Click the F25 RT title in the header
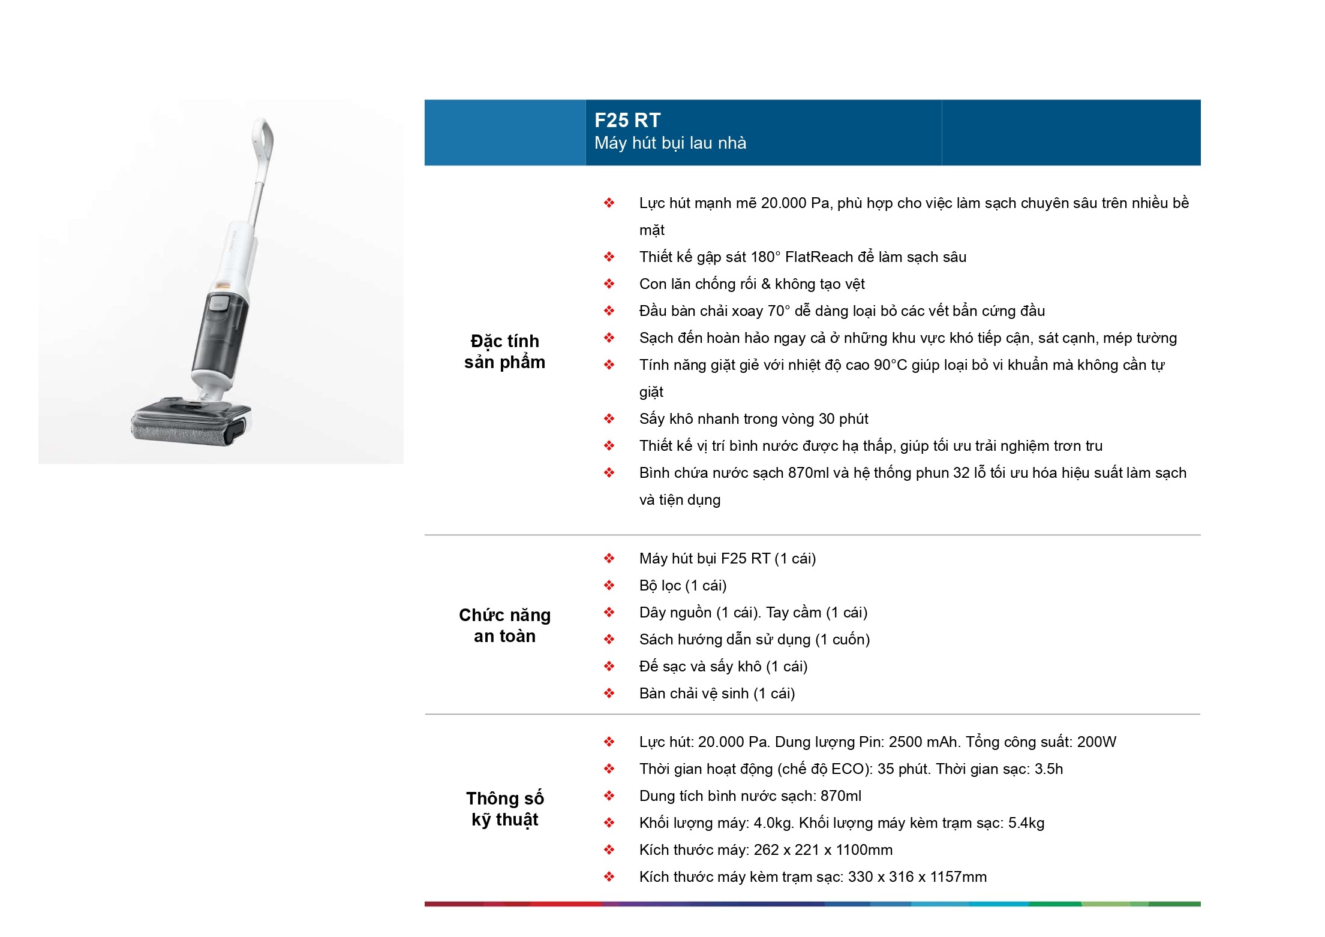pyautogui.click(x=627, y=120)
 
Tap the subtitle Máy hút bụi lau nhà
pyautogui.click(x=670, y=143)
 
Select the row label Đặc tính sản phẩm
pyautogui.click(x=504, y=351)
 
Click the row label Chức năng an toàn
pyautogui.click(x=504, y=625)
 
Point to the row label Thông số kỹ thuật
pyautogui.click(x=504, y=809)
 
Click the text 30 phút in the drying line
pyautogui.click(x=843, y=419)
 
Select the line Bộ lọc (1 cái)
pyautogui.click(x=683, y=586)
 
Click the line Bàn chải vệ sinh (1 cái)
pyautogui.click(x=717, y=694)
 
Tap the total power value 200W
pyautogui.click(x=1096, y=742)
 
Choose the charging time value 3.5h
pyautogui.click(x=1048, y=769)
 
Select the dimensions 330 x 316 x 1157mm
pyautogui.click(x=917, y=877)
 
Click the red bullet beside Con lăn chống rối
pyautogui.click(x=609, y=284)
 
